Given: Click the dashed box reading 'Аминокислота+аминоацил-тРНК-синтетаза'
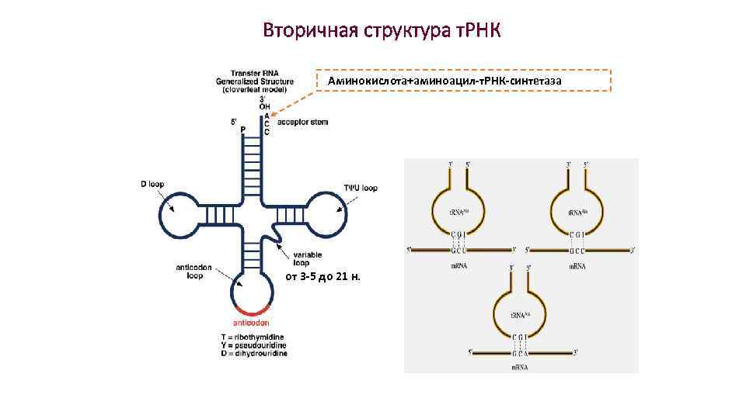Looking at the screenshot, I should pos(464,81).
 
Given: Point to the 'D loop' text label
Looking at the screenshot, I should pos(152,185).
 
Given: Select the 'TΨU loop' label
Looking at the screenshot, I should pos(361,188).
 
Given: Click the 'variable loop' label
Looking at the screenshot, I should pos(308,258).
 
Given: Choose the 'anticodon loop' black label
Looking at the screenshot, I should pos(190,272).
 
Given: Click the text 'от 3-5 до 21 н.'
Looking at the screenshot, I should pos(327,278).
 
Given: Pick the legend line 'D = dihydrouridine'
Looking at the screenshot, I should pos(254,353).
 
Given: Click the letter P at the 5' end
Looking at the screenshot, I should pos(243,129).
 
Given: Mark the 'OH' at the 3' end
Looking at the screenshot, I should pos(265,106).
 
